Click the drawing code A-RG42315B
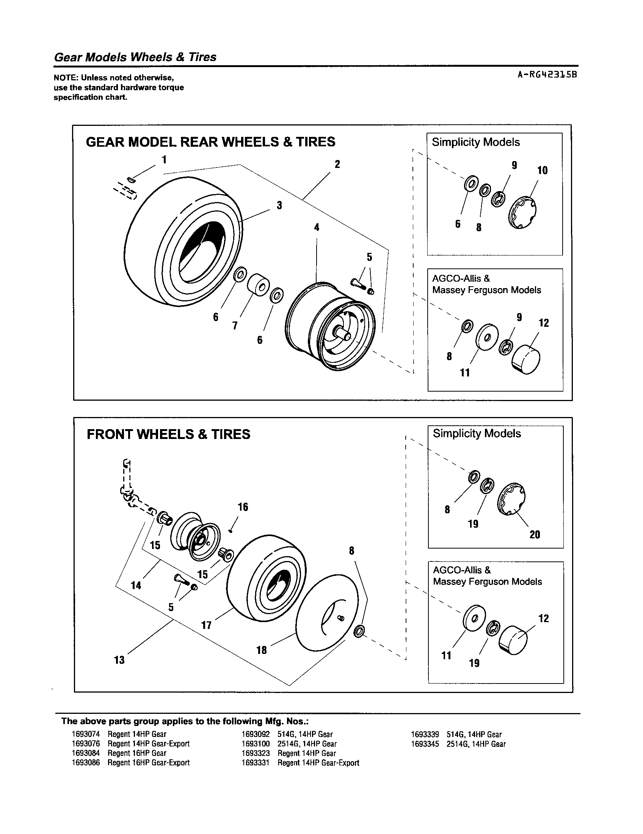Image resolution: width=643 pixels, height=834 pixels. click(x=546, y=75)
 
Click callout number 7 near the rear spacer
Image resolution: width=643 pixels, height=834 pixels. click(x=235, y=326)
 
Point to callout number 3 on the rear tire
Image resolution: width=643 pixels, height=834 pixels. click(x=279, y=205)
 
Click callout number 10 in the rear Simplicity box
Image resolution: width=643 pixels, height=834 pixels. click(x=542, y=170)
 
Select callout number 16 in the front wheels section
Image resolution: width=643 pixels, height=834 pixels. click(x=243, y=507)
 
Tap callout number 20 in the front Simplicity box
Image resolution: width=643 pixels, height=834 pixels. click(x=535, y=535)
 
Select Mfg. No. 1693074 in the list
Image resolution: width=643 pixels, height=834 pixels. click(x=86, y=734)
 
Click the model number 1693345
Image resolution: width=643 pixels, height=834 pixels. click(x=425, y=744)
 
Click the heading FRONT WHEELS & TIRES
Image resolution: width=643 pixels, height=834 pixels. click(x=168, y=434)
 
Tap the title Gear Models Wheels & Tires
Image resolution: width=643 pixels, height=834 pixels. click(x=135, y=57)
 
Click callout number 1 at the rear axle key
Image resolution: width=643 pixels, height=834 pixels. click(x=164, y=160)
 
